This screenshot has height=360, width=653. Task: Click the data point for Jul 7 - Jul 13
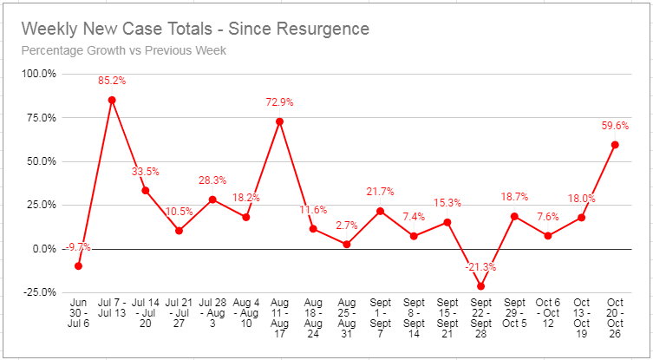(112, 100)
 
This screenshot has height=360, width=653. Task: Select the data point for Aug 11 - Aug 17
(279, 121)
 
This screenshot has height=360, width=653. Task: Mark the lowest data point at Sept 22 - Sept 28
(480, 286)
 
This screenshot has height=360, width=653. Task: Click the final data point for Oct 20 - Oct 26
(615, 145)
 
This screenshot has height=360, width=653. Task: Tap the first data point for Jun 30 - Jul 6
(78, 265)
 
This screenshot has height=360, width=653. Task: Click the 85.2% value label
(112, 82)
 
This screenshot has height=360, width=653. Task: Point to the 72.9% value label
(279, 102)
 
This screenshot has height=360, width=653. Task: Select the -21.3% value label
(480, 267)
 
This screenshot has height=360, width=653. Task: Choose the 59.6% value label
(615, 126)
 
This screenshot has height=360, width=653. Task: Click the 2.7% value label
(346, 226)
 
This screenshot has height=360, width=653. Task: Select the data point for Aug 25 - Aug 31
(346, 245)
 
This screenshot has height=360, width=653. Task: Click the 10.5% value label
(179, 212)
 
